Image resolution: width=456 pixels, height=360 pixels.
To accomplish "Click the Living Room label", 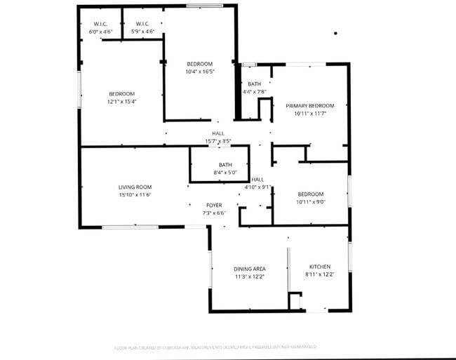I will (x=135, y=187).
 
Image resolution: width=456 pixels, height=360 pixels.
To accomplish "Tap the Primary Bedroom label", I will (x=309, y=105).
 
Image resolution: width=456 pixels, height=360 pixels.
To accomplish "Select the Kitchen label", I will (x=320, y=267).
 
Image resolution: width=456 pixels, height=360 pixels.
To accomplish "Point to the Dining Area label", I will (x=249, y=269).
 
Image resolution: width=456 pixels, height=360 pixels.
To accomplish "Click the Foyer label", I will (x=214, y=205).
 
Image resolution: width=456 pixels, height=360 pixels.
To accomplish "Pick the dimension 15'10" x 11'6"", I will (x=135, y=194).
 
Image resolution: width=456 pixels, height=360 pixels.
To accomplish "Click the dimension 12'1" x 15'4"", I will (x=121, y=102).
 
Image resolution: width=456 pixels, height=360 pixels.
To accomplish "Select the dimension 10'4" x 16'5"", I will (x=199, y=72).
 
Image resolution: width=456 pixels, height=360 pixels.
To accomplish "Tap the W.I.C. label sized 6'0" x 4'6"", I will (x=100, y=24).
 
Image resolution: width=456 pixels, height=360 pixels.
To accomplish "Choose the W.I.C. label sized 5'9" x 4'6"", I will (x=142, y=24).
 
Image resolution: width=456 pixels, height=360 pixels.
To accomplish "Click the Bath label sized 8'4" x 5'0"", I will (x=225, y=165).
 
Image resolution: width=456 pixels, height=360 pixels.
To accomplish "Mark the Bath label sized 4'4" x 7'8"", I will (x=254, y=84).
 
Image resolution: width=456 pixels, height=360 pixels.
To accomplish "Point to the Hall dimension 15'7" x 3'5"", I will (x=218, y=141).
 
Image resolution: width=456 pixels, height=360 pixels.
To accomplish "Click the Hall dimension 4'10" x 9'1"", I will (x=257, y=187).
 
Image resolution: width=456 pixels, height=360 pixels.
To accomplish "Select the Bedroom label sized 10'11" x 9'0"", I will (x=310, y=194).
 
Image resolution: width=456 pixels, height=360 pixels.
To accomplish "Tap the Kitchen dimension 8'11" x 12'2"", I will (x=320, y=274).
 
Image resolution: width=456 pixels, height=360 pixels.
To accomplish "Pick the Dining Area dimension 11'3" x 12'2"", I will (x=249, y=276).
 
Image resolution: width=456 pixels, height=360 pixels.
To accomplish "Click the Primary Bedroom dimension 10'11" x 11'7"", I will (x=309, y=113).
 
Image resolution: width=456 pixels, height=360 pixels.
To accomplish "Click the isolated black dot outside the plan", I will (x=335, y=33).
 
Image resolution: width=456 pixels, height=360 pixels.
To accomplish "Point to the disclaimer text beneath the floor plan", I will (x=215, y=347).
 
